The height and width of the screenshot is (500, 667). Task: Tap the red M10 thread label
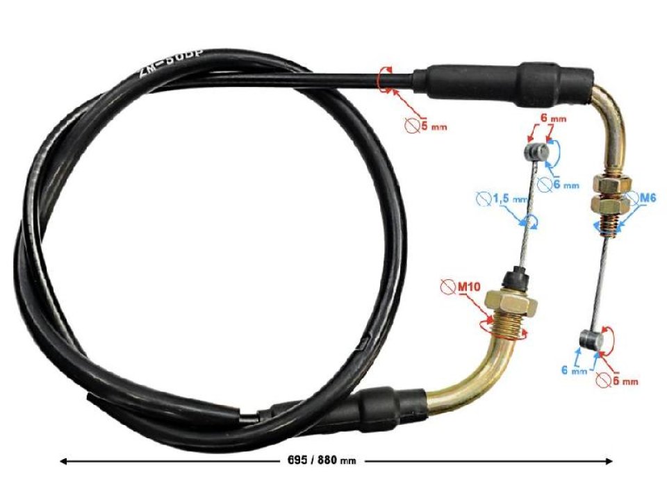[457, 285]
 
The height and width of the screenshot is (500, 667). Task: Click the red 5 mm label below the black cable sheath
[426, 128]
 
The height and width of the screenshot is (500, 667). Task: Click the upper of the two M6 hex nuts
[610, 186]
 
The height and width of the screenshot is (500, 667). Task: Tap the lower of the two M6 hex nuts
[609, 206]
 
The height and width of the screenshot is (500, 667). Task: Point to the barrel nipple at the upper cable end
[532, 151]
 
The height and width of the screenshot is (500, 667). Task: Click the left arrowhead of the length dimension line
[63, 460]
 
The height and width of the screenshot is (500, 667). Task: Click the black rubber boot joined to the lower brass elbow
[389, 403]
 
